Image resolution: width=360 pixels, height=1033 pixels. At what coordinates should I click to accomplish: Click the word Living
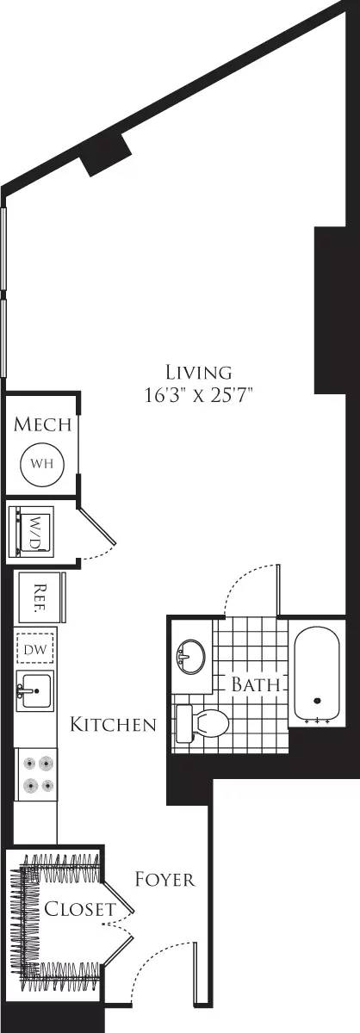[x=200, y=372]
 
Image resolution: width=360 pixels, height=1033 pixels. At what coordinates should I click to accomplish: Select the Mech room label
[x=42, y=425]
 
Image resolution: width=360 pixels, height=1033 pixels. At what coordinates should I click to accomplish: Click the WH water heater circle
[x=42, y=462]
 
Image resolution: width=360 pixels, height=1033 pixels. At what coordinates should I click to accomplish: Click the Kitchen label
[x=114, y=724]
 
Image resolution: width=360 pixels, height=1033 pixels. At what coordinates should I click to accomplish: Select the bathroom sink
[x=189, y=659]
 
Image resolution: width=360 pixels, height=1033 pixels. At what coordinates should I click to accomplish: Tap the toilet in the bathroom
[x=203, y=723]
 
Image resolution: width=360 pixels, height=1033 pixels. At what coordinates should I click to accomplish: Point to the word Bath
[x=256, y=686]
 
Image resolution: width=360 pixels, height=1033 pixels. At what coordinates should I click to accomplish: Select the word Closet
[x=80, y=909]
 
